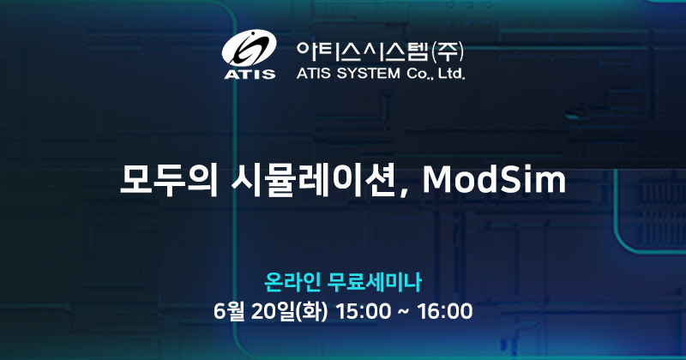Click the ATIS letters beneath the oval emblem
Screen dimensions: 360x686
[250, 75]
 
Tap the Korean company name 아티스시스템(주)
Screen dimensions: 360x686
[378, 49]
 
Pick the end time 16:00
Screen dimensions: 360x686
[445, 309]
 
